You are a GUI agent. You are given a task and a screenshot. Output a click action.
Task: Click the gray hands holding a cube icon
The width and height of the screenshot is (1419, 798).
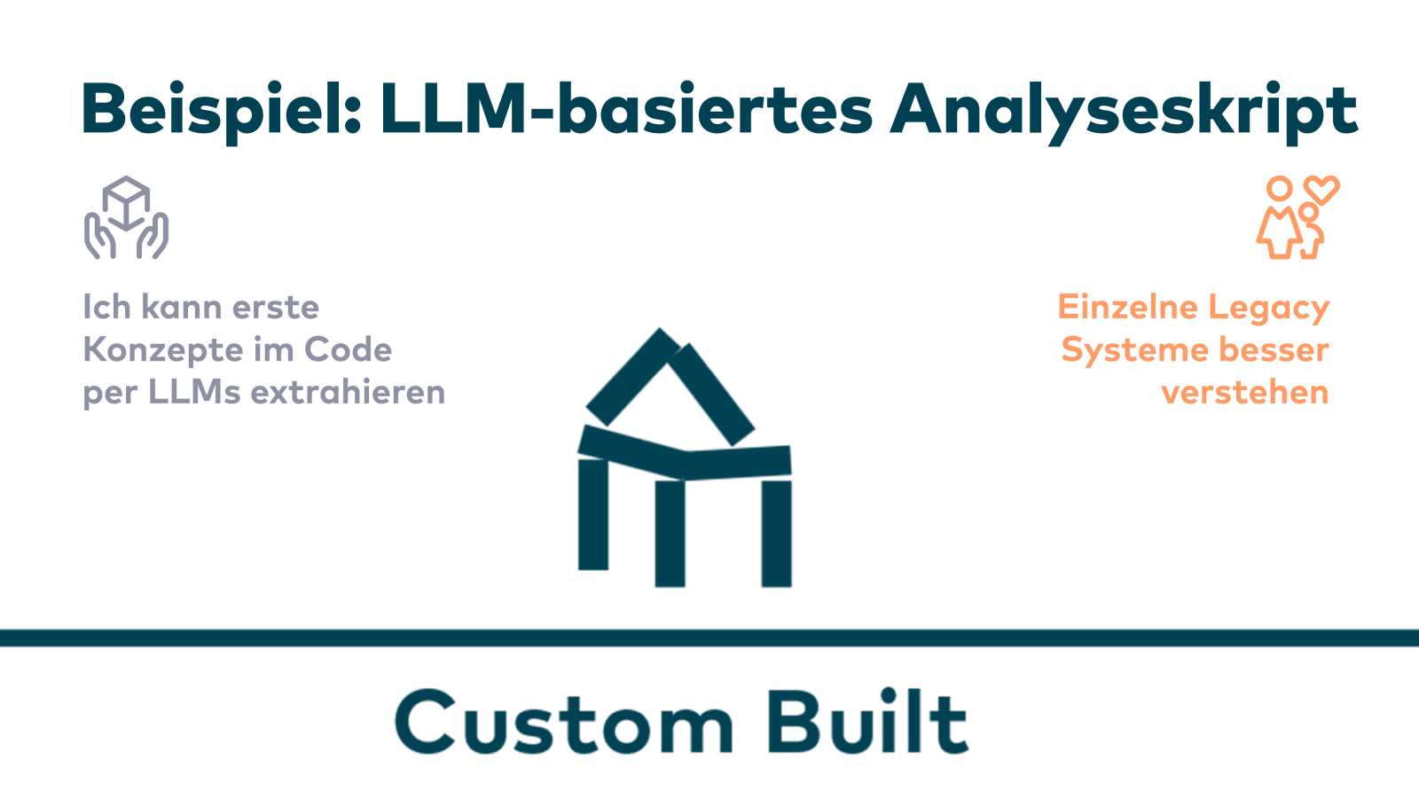[126, 218]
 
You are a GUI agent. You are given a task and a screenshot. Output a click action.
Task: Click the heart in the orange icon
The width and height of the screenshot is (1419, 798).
[1321, 190]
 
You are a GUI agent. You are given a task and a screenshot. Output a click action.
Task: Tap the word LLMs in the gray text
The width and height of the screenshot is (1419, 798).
[194, 392]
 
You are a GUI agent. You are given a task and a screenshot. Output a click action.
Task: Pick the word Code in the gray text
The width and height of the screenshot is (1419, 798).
[348, 350]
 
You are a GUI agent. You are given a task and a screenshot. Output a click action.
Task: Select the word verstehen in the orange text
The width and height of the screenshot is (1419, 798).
[1245, 392]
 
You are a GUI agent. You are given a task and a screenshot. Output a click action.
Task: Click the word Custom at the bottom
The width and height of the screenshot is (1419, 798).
[564, 723]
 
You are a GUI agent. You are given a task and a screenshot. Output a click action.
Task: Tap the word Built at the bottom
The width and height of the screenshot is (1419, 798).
[866, 723]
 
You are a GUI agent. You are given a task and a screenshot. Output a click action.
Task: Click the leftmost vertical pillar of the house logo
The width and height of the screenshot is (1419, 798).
[593, 514]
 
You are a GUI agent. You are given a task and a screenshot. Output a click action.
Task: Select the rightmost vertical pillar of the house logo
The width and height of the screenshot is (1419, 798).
[776, 533]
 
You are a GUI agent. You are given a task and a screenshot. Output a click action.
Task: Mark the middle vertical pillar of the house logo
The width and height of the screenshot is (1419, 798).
[670, 533]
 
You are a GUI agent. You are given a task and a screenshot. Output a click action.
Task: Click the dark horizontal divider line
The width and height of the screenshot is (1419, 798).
[709, 638]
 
